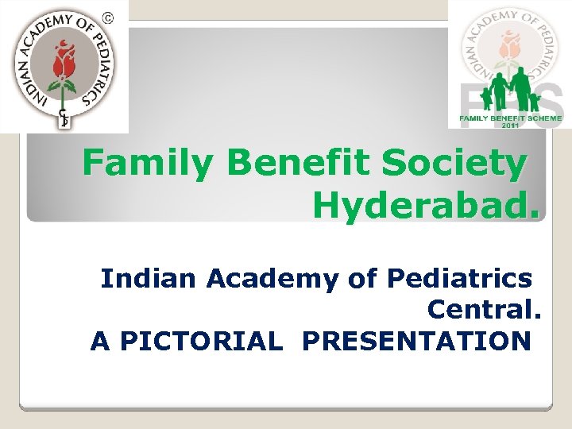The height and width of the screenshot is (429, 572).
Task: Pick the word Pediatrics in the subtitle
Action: (x=459, y=279)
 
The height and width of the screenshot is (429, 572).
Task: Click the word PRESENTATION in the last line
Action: (x=416, y=341)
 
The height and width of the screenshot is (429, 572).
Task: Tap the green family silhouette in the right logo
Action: (x=508, y=92)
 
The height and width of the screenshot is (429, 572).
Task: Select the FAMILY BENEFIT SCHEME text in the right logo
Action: (x=510, y=118)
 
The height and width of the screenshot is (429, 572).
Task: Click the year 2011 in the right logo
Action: (x=510, y=126)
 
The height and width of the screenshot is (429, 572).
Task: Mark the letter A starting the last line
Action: (x=100, y=341)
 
